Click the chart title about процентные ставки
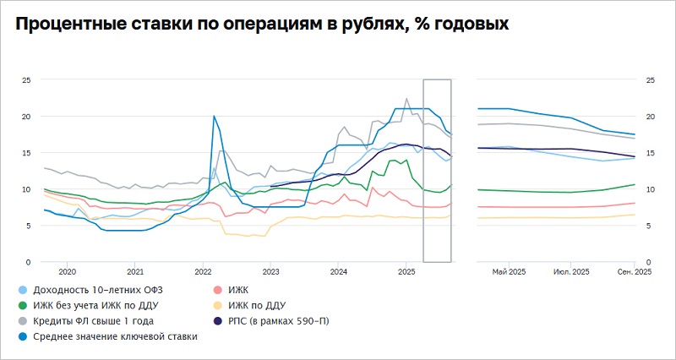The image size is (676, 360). pos(261,25)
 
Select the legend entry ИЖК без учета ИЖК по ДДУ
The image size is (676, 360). pos(96,304)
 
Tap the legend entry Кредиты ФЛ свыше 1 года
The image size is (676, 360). pos(91,320)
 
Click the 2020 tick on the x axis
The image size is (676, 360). pos(67,272)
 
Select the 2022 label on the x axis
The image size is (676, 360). pos(203,272)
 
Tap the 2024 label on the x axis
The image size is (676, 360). pos(338,272)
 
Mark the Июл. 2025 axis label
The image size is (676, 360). pos(571,272)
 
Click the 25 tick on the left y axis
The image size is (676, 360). pos(26,80)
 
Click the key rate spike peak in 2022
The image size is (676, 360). pos(214,116)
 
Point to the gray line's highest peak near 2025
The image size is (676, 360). pos(406,99)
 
